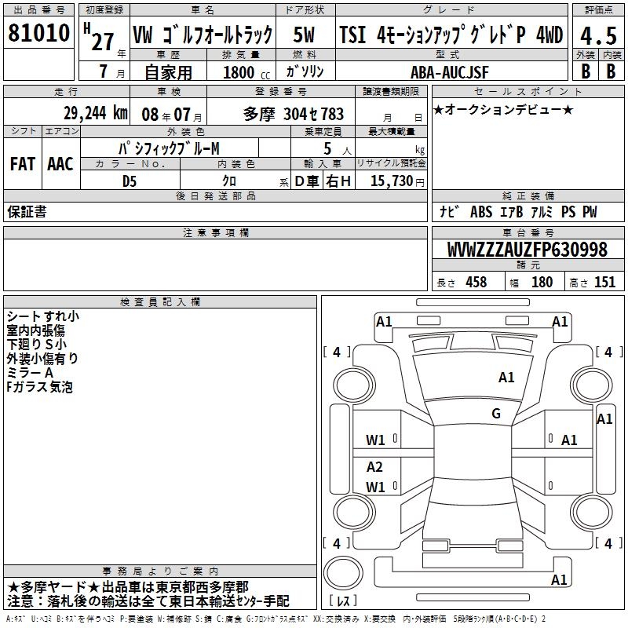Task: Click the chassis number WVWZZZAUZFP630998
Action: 527,250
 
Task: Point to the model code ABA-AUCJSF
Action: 450,72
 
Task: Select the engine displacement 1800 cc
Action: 240,72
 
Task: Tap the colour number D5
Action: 129,181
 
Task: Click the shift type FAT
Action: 22,163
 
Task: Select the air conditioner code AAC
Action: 60,163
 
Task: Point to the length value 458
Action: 476,283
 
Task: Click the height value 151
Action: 604,283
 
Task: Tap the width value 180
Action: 542,283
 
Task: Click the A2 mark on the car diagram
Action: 374,466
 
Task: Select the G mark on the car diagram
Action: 495,414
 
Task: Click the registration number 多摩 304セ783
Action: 294,112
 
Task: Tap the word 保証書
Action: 27,211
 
